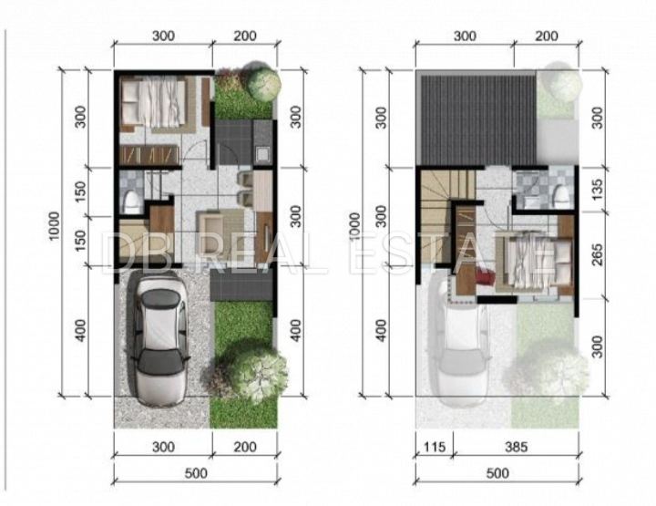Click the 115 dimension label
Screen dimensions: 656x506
435,448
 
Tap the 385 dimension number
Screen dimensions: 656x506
517,448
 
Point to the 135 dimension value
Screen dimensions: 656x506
598,189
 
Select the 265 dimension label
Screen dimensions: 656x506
598,254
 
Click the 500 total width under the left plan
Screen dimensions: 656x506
196,473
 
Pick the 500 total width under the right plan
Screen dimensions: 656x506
497,473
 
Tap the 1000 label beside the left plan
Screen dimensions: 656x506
55,226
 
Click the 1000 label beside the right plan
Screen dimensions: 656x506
354,226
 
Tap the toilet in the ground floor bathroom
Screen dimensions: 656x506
131,201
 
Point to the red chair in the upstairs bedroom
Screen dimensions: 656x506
485,276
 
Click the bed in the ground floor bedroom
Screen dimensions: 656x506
154,103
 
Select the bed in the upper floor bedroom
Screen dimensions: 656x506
534,261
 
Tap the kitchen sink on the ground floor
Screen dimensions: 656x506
262,154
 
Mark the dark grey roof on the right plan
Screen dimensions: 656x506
478,120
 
